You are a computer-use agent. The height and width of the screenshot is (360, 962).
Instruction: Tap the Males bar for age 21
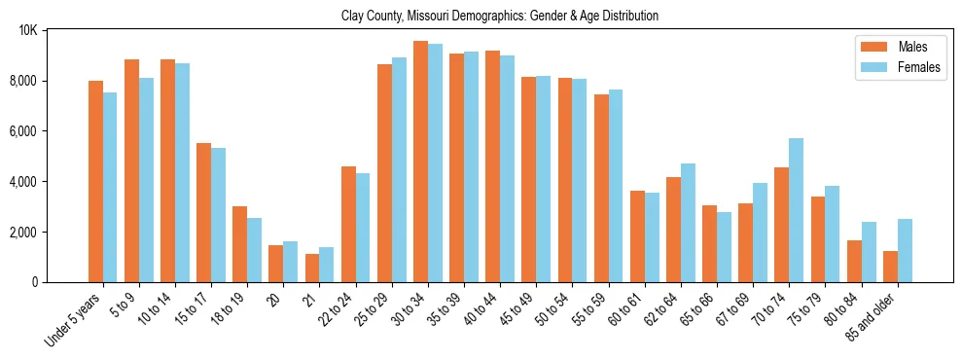pyautogui.click(x=312, y=268)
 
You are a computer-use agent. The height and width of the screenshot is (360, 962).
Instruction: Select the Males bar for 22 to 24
pyautogui.click(x=348, y=224)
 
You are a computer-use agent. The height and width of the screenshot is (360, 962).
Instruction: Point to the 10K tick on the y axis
pyautogui.click(x=28, y=30)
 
